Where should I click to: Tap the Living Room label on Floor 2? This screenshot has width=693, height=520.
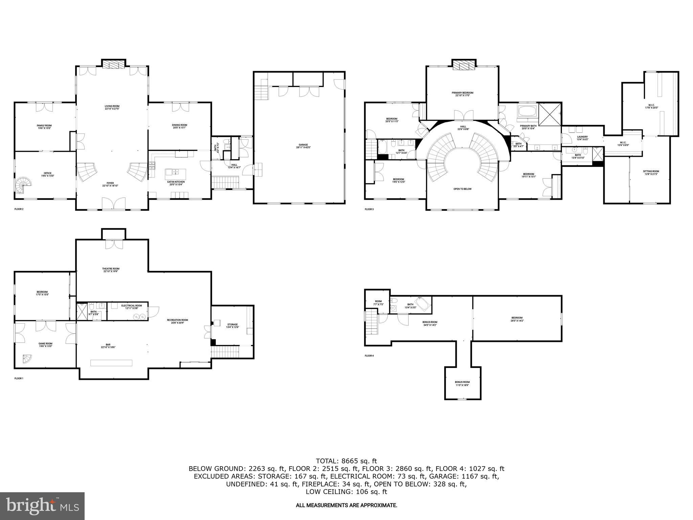click(x=112, y=107)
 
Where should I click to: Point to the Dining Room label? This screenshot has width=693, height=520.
click(x=179, y=126)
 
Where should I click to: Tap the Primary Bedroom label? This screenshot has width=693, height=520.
click(x=462, y=94)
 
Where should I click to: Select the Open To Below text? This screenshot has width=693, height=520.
click(x=462, y=189)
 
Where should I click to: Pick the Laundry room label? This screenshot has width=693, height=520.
click(x=582, y=138)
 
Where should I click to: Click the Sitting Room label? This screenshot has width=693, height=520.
click(x=651, y=173)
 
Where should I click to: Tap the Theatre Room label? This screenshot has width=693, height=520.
click(x=111, y=270)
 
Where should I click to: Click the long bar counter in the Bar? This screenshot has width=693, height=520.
click(x=111, y=363)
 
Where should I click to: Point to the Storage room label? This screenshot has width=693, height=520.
click(x=232, y=326)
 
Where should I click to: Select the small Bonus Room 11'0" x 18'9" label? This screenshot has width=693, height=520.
click(x=462, y=384)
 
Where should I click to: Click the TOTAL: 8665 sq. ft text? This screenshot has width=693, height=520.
click(x=346, y=461)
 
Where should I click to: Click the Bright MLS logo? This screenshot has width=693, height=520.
click(x=42, y=506)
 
